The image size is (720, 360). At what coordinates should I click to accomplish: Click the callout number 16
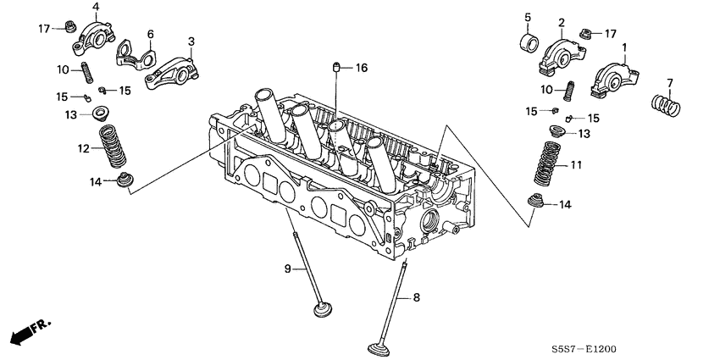click(362, 67)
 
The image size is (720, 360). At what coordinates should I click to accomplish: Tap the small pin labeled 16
click(337, 67)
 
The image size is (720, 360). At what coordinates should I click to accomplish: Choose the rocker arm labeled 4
click(94, 36)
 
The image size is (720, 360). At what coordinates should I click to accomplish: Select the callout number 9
click(288, 269)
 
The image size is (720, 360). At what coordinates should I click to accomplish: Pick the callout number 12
click(84, 149)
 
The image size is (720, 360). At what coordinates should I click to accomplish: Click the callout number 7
click(669, 82)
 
